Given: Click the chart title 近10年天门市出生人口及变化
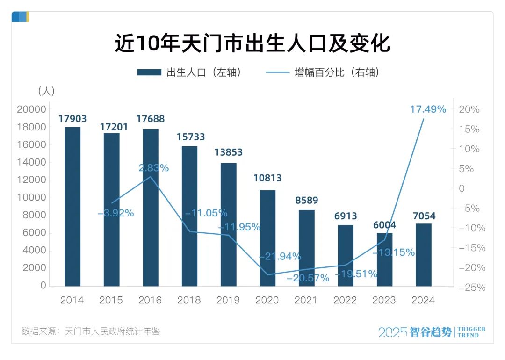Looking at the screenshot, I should click(252, 44).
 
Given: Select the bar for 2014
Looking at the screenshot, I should click(72, 206).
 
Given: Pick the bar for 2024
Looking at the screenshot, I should click(424, 254).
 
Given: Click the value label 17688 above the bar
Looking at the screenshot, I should click(150, 119).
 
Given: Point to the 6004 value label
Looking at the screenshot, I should click(384, 224).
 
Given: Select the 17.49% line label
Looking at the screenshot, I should click(428, 109).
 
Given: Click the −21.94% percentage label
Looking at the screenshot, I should click(280, 256).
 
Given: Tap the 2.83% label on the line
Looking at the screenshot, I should click(154, 168).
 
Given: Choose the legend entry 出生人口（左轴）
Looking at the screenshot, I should click(190, 72).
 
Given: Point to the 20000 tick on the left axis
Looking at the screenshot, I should click(31, 109).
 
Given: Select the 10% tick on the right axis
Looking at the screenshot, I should click(469, 149).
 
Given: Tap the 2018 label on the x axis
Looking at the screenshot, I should click(189, 300).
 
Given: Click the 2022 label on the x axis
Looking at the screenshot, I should click(345, 300).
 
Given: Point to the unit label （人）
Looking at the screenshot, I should click(46, 91).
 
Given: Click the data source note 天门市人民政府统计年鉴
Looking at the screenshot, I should click(112, 331).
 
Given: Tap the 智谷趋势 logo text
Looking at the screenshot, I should click(431, 332).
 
